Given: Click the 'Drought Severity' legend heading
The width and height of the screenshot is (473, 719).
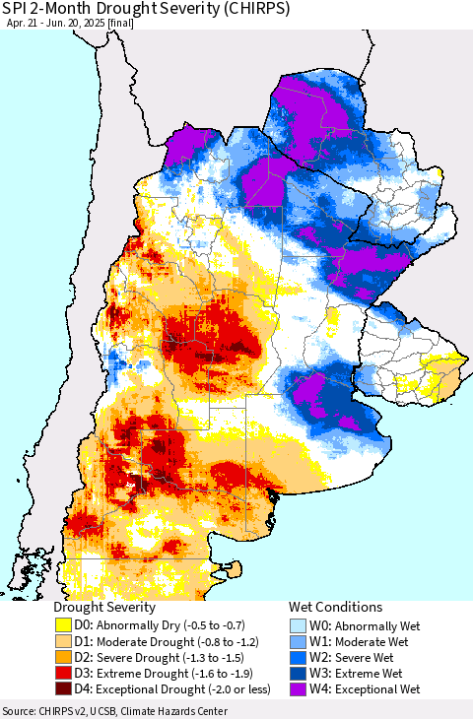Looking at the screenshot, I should [103, 608].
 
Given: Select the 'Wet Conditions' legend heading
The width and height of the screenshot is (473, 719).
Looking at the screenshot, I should [335, 608].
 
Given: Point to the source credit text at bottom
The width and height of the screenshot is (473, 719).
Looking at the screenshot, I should [114, 711].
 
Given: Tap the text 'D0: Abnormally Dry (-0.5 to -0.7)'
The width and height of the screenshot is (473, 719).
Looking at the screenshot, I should [164, 625].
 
